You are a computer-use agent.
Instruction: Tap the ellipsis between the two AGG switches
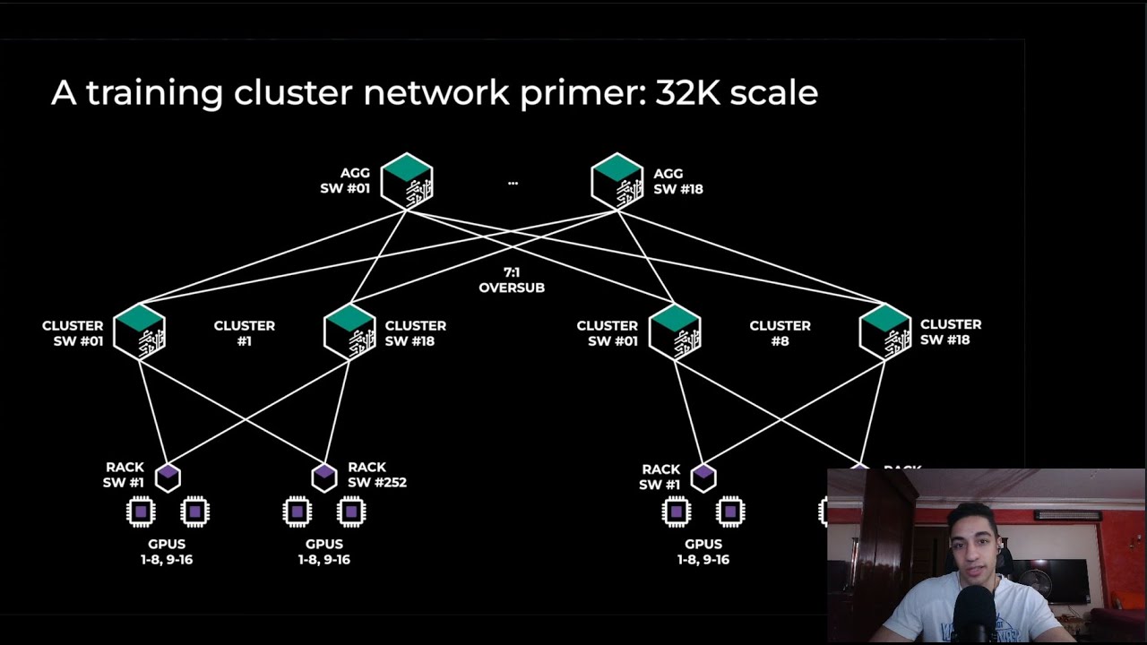(x=513, y=182)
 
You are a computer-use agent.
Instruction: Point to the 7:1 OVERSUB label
(x=512, y=279)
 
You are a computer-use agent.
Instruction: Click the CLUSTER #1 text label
(x=244, y=333)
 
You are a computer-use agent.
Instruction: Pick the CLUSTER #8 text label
(x=780, y=333)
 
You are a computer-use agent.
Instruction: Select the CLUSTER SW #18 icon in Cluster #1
(x=349, y=331)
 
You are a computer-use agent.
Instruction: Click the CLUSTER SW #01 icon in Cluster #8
(x=675, y=331)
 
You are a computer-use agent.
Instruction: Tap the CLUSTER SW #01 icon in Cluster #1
(x=139, y=331)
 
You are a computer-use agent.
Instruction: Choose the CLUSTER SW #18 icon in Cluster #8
(x=885, y=331)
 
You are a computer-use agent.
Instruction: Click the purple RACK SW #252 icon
(x=323, y=477)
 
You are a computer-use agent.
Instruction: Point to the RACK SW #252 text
(x=376, y=475)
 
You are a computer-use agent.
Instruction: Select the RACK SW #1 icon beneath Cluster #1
(x=168, y=477)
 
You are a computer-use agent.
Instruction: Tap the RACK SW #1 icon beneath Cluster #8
(x=703, y=477)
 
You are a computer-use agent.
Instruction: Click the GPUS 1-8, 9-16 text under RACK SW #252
(x=323, y=552)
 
